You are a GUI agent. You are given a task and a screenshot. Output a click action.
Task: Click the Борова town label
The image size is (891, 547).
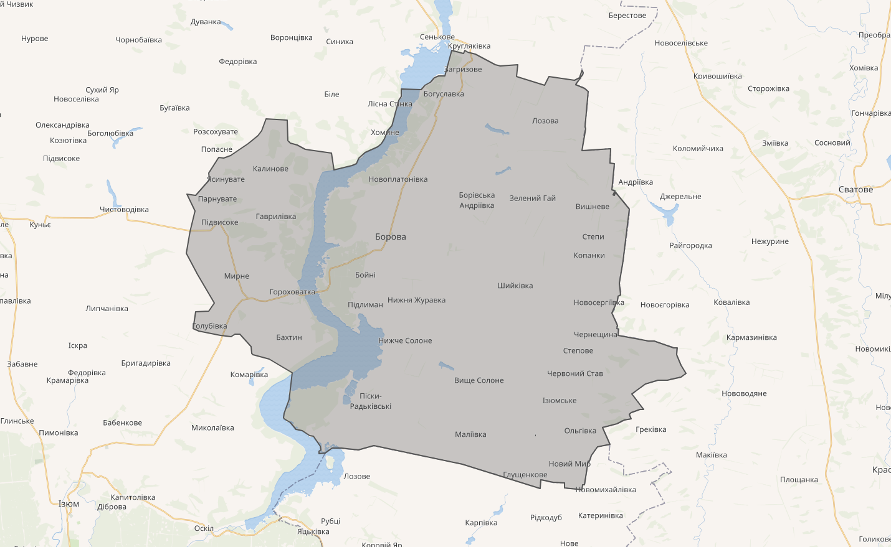391,237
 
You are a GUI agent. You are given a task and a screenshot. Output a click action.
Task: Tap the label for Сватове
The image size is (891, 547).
855,190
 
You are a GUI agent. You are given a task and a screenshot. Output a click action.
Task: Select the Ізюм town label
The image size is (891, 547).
69,504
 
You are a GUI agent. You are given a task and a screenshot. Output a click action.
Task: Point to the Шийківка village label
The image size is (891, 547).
515,286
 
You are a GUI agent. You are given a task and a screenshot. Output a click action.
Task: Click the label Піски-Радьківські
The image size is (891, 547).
371,401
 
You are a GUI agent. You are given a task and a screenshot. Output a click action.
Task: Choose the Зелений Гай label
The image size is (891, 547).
533,199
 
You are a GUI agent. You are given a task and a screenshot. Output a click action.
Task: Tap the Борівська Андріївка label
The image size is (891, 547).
477,200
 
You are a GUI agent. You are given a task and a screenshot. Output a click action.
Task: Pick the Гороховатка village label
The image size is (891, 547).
292,292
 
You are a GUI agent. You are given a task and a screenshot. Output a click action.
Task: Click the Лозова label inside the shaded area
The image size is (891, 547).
545,121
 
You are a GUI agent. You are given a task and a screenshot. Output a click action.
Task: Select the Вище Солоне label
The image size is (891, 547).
479,381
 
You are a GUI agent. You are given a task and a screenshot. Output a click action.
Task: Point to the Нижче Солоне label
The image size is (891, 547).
405,341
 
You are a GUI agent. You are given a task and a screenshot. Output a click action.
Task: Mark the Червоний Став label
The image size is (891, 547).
575,374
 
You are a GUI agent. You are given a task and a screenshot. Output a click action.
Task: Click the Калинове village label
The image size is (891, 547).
270,169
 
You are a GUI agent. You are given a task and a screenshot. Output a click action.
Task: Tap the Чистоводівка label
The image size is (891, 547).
124,210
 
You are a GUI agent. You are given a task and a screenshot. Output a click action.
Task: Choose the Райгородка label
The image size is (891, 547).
690,246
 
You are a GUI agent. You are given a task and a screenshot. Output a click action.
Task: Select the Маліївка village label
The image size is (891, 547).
470,435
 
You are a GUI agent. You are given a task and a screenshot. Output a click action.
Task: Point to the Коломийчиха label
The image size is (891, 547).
698,149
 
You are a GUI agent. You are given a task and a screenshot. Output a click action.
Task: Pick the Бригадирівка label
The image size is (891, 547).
146,363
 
